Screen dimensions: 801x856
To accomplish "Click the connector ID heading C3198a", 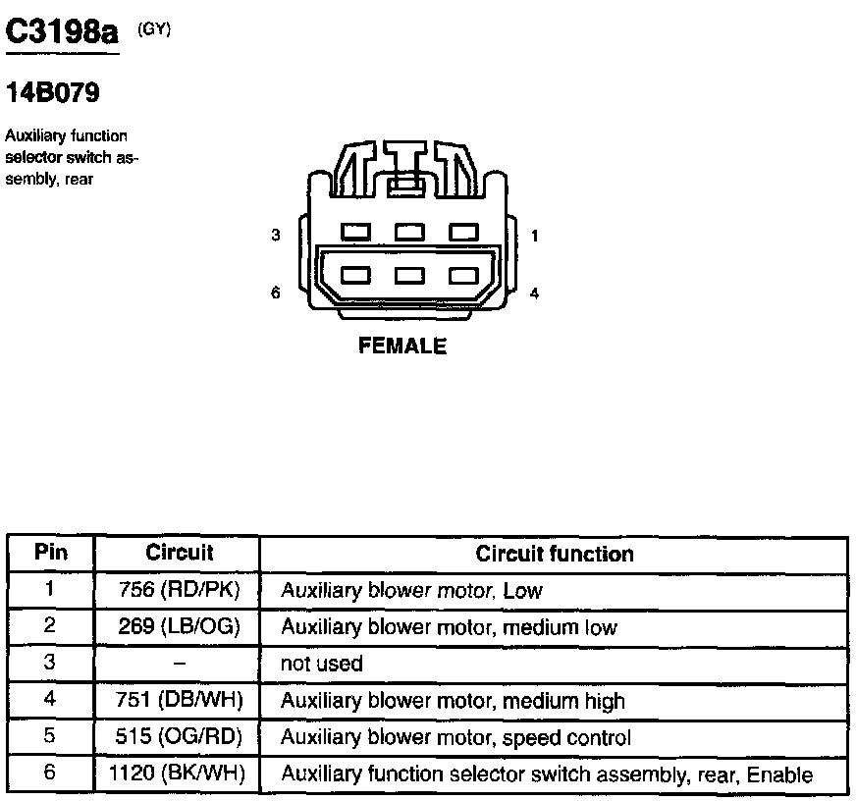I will coord(62,32).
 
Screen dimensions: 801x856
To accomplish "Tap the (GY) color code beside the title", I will coord(154,28).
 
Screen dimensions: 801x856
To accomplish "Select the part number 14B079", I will coord(53,94).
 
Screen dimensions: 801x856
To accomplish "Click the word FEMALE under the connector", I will coord(402,347).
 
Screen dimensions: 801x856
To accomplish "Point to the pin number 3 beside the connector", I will coord(277,236).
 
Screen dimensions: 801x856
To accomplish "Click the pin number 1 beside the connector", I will coord(534,236).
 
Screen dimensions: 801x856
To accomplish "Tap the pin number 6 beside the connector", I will coord(277,293).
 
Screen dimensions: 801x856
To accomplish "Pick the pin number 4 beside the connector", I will coord(534,293).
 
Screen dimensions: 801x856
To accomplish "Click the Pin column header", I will coord(51,553).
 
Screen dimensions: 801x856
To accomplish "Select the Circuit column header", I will coord(179,553).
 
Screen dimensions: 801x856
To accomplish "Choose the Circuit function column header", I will coord(555,554).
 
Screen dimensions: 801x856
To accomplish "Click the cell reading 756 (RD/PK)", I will coord(179,590).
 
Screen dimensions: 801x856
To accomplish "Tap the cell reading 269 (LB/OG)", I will coord(179,626).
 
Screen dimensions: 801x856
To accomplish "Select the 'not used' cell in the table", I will coord(322,664).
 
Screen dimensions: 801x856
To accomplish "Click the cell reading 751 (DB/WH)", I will coord(179,701).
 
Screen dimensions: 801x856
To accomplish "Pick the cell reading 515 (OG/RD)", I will coord(179,737).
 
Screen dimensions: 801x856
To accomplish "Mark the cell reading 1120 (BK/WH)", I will coord(179,774).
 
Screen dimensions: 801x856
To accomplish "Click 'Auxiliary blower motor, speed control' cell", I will coord(455,737).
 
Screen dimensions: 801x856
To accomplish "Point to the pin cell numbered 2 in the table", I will coord(51,626).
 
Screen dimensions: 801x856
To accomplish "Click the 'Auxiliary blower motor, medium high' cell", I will coord(453,701).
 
